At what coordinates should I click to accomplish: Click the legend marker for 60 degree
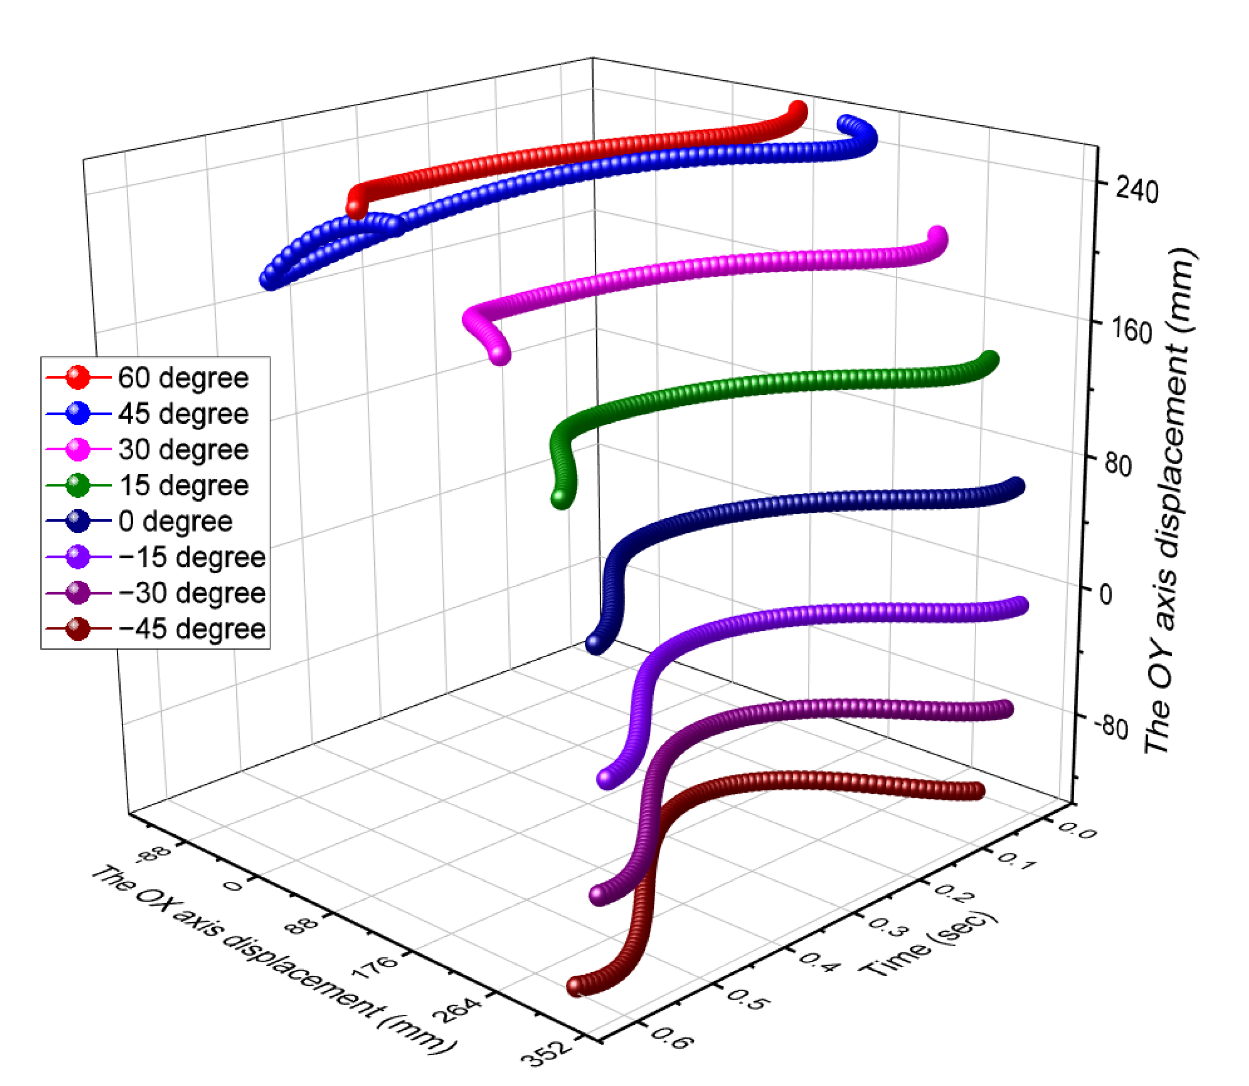(78, 378)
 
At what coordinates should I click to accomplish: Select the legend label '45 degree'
(183, 414)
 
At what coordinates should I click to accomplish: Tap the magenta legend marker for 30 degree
(78, 450)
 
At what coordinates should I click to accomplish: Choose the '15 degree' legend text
(183, 485)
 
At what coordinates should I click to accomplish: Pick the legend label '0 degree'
(175, 521)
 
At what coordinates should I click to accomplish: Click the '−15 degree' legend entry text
(191, 557)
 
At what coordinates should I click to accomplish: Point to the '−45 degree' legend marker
(78, 628)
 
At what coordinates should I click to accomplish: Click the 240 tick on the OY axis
(1136, 191)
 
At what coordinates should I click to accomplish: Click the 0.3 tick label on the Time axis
(888, 927)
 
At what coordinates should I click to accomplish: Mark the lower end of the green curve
(561, 498)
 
